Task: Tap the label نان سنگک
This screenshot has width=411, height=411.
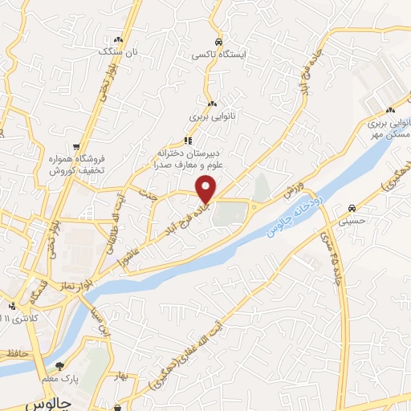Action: coord(119,51)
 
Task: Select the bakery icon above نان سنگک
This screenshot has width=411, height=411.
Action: coord(119,39)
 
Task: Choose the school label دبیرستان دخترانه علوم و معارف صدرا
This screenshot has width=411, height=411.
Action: coord(189,158)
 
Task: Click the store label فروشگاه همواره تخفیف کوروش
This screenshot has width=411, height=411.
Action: coord(75,165)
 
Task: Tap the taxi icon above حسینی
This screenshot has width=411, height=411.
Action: coord(352,206)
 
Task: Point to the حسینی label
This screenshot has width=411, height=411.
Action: coord(352,218)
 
